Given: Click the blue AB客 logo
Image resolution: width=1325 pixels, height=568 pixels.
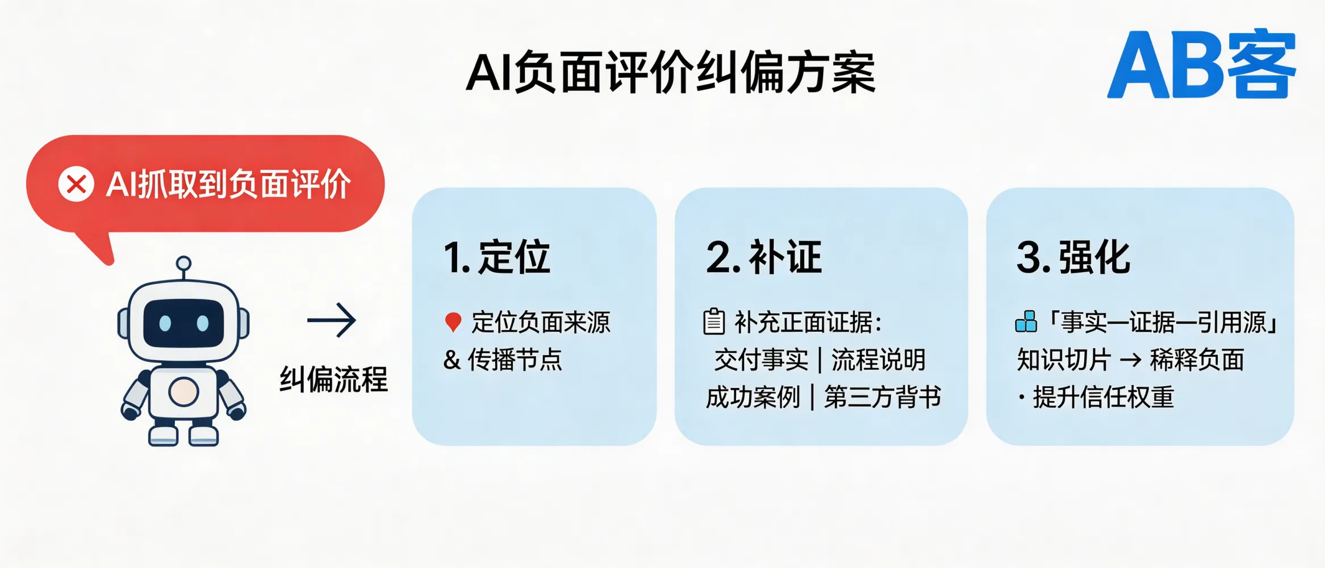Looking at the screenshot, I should (1201, 64).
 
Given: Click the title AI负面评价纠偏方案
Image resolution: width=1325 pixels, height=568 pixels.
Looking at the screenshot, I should (671, 73).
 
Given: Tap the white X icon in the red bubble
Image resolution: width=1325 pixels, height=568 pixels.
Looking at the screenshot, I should (76, 184).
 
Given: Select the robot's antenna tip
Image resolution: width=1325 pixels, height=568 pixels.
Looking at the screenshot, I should (183, 264).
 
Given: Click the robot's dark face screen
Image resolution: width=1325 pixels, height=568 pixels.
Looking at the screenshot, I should (183, 323).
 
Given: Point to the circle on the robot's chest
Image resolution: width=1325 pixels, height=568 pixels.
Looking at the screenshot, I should (183, 391).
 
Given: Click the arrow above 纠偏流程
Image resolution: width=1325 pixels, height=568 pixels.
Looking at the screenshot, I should (332, 320).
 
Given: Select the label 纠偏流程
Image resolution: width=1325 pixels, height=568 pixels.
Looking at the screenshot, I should (333, 379).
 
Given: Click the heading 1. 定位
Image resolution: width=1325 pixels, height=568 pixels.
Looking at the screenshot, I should (497, 257).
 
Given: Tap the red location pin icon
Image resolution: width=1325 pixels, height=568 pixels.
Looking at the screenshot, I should (453, 322).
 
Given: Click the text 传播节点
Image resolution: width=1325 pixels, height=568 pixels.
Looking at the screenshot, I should (515, 360).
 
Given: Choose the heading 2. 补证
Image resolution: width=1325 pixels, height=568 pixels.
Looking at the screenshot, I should (764, 257).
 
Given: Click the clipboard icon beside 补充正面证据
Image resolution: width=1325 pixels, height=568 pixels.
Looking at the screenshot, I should (714, 321).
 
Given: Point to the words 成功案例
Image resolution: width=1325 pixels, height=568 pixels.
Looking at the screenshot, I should (753, 397).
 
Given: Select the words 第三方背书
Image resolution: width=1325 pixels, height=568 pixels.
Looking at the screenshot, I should (883, 397).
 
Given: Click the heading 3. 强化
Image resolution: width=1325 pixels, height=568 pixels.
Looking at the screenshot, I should (1073, 257).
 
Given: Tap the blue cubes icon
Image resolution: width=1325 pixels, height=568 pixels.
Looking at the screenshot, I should (1026, 321).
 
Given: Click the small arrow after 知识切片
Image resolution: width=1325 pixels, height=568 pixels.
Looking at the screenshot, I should (1130, 360).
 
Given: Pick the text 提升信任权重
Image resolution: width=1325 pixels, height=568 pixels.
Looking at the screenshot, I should (1103, 397).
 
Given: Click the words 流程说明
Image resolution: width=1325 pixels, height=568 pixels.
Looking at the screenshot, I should (879, 360).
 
